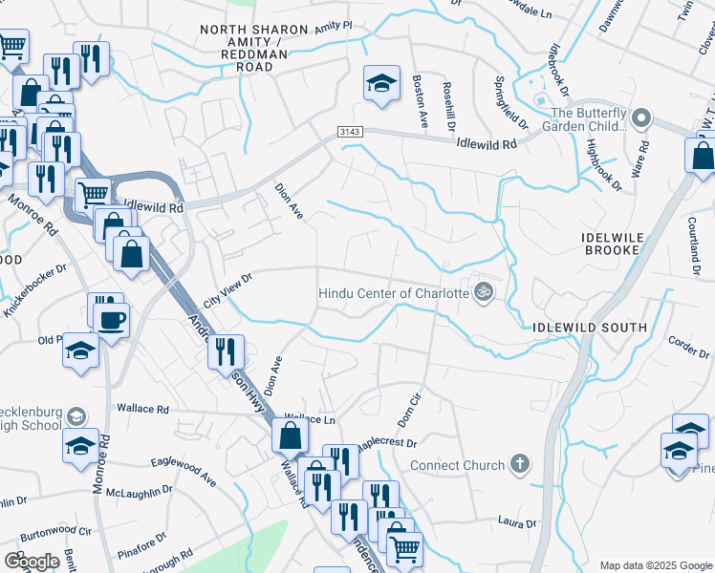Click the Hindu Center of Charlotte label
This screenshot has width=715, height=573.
pyautogui.click(x=393, y=292)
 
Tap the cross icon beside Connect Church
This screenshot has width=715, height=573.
pyautogui.click(x=519, y=465)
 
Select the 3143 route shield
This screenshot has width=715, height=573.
pyautogui.click(x=348, y=131)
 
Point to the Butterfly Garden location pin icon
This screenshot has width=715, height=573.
pyautogui.click(x=640, y=118)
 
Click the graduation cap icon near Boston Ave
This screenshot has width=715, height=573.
pyautogui.click(x=380, y=83)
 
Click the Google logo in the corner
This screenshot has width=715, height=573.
pyautogui.click(x=32, y=561)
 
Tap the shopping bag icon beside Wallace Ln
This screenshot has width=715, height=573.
pyautogui.click(x=290, y=436)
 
